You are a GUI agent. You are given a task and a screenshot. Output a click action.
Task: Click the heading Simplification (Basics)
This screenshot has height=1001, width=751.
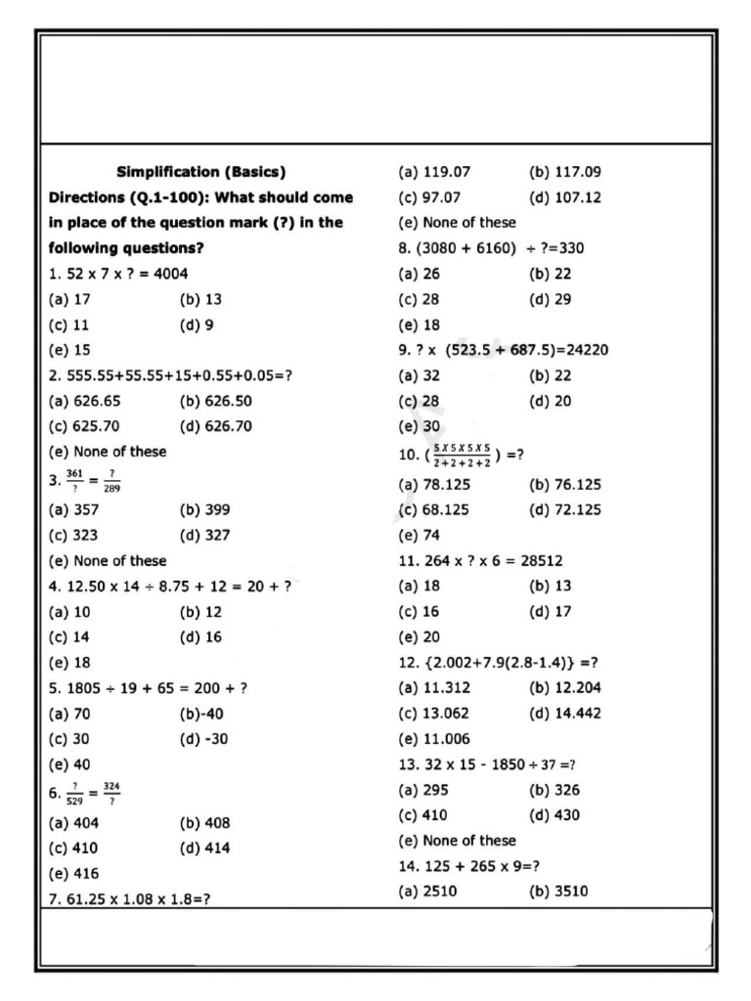[200, 172]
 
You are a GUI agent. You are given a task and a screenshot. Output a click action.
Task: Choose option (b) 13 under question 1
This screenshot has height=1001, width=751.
[200, 299]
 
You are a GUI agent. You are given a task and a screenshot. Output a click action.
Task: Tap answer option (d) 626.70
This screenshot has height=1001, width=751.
[215, 426]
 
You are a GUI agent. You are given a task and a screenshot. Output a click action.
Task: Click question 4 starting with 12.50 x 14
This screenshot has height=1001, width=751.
[169, 586]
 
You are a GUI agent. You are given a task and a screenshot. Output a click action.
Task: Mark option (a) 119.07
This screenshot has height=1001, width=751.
[434, 172]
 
